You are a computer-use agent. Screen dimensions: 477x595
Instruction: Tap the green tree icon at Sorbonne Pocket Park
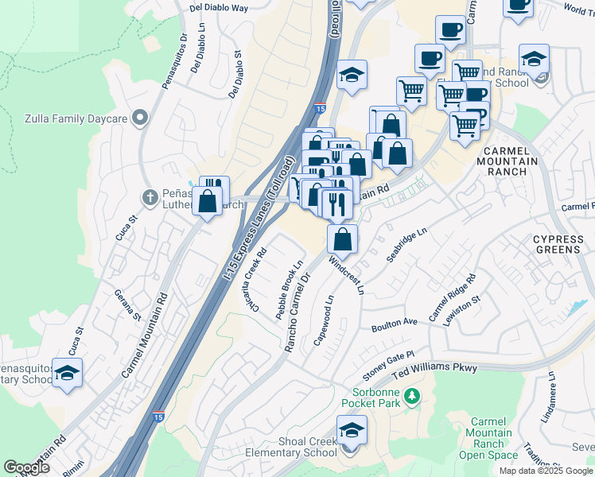click(x=411, y=395)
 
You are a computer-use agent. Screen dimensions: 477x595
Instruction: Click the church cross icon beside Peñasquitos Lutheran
click(x=149, y=196)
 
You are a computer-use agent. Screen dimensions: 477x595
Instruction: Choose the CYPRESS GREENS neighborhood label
click(x=557, y=244)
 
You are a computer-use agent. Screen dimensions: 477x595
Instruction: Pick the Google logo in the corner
click(x=26, y=467)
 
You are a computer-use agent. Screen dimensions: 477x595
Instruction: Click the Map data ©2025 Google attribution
click(x=545, y=470)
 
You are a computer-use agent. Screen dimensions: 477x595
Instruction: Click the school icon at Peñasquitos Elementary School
click(x=68, y=373)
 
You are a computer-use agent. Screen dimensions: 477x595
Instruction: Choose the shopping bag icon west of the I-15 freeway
click(x=208, y=202)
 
